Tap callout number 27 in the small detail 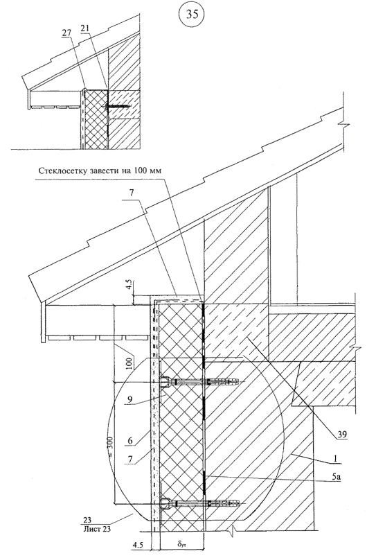coord(68,33)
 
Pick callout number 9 coord(130,399)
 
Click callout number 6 coord(130,440)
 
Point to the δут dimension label coord(181,544)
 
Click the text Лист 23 coord(96,529)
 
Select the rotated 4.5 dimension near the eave coord(129,286)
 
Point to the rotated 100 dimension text coord(130,363)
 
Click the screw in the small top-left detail coord(116,107)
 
